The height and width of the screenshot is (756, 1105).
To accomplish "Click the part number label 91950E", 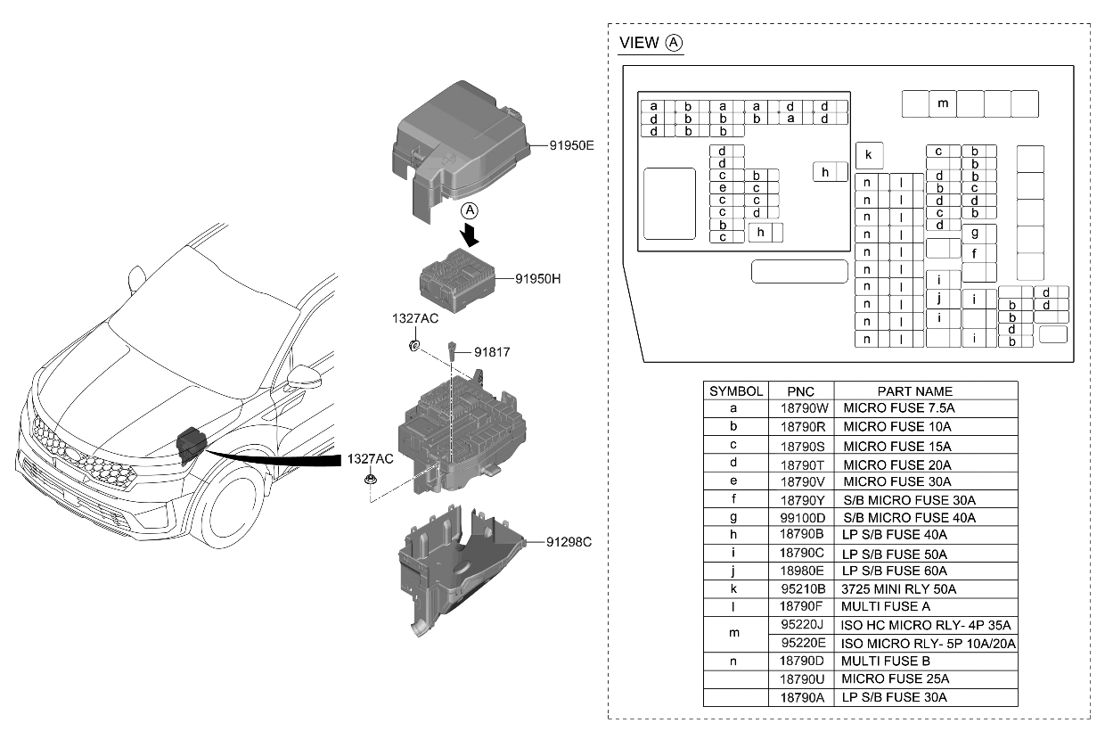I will [x=571, y=144].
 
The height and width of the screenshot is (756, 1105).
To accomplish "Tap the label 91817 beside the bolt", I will [x=492, y=352].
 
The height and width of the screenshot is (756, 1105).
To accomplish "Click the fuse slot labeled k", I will [x=869, y=156].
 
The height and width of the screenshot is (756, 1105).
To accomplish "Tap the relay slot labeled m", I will [x=943, y=103].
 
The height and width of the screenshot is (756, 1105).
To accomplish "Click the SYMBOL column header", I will [x=735, y=391].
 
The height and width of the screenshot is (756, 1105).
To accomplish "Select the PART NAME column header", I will [x=914, y=391].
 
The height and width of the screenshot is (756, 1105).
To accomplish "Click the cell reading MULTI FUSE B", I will [x=886, y=661].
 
